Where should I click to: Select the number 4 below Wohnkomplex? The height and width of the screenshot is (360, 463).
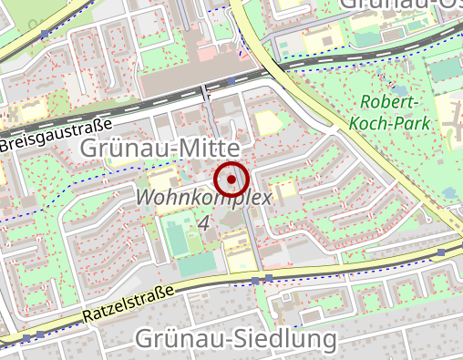point(202,222)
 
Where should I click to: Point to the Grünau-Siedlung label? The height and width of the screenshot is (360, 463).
point(235,339)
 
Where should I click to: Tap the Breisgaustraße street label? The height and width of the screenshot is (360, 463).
point(55,134)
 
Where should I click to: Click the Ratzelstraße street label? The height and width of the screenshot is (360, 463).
point(128,302)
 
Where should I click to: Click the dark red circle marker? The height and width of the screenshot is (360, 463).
point(231,180)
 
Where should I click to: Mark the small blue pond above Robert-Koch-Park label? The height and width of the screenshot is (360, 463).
point(447,69)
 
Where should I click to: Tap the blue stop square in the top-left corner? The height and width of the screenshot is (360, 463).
point(45,34)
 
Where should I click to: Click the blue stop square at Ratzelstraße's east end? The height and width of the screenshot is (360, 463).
point(441,252)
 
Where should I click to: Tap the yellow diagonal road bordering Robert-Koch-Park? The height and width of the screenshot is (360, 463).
point(301,91)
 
